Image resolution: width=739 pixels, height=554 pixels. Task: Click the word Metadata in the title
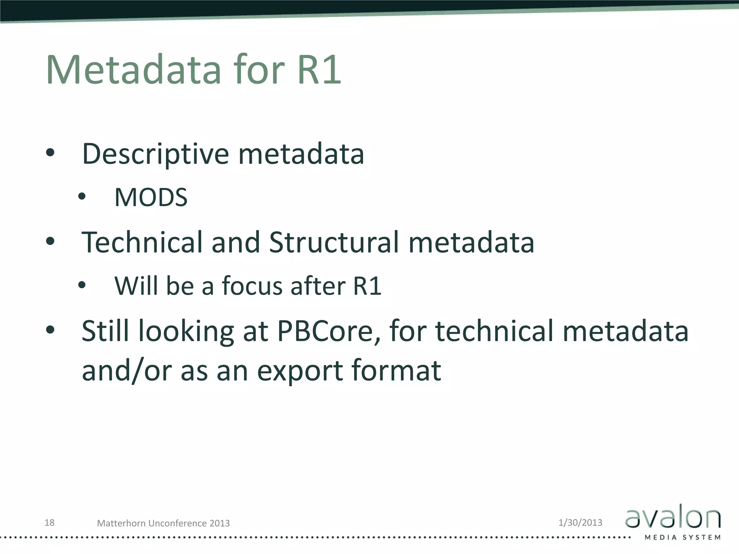134,69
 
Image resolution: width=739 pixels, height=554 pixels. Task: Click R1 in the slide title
319,69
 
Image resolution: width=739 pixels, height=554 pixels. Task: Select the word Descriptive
156,154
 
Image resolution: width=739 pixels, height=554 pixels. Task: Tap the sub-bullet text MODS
151,197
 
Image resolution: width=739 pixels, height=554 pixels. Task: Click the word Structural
334,242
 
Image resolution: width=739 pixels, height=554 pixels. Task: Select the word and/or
127,370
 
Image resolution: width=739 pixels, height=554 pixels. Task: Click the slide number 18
49,523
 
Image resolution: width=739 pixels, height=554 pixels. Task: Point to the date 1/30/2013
580,523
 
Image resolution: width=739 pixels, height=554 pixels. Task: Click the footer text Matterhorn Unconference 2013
163,523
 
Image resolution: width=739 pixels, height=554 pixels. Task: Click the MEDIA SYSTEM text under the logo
682,537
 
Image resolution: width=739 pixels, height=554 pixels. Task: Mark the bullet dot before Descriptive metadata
50,153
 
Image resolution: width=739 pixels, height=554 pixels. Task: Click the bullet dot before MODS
82,197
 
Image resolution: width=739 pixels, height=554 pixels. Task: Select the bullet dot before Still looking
50,330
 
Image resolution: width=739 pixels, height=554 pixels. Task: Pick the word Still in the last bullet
105,331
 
